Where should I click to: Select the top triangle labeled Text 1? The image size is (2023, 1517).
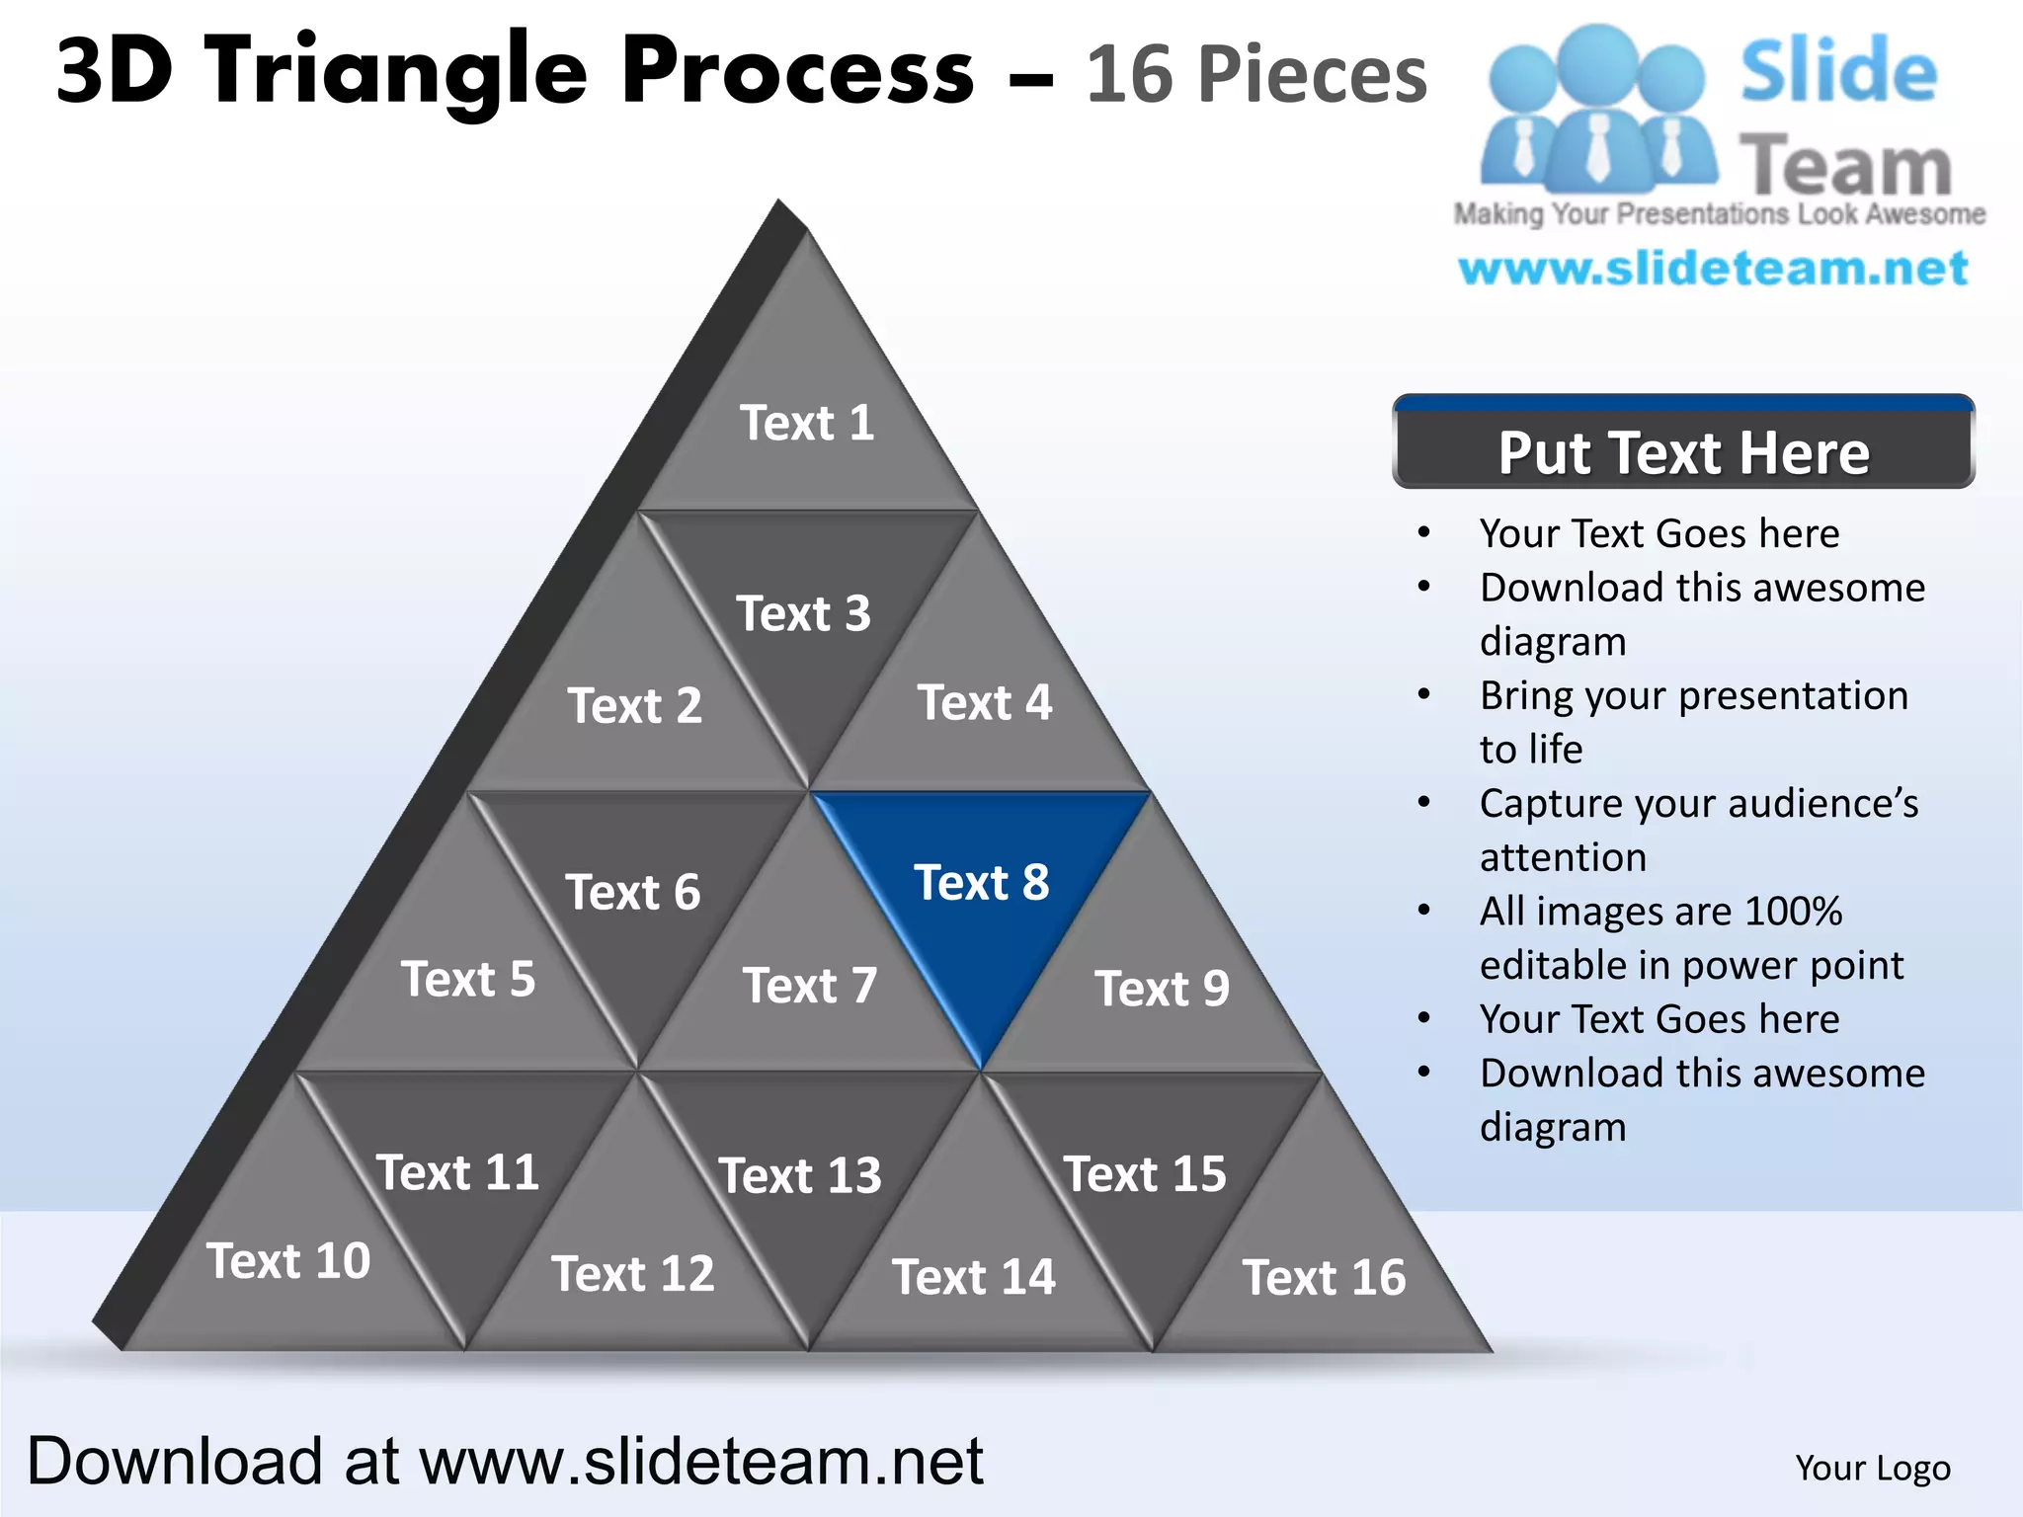(x=807, y=423)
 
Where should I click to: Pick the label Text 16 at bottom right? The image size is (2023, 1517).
(x=1324, y=1277)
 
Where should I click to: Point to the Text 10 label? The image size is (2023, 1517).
(x=288, y=1261)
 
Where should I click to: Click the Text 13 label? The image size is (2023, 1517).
(x=800, y=1175)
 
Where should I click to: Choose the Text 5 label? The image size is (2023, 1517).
(x=468, y=980)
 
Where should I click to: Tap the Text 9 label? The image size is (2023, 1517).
(x=1162, y=989)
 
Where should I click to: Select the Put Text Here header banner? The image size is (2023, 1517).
(x=1683, y=452)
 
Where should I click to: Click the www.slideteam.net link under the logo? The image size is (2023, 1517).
(x=1713, y=269)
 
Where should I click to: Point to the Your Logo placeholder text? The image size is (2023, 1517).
(x=1872, y=1468)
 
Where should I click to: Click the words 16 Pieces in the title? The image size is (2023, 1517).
(x=1256, y=74)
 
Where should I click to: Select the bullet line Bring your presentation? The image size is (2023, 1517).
(x=1693, y=695)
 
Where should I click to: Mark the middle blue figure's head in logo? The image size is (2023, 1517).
(x=1597, y=61)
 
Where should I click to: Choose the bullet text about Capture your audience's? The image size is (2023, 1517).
(x=1698, y=803)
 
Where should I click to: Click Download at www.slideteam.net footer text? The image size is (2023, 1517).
(x=505, y=1461)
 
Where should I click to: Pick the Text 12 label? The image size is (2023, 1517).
(x=632, y=1274)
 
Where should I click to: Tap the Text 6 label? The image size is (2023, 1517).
(x=632, y=893)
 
